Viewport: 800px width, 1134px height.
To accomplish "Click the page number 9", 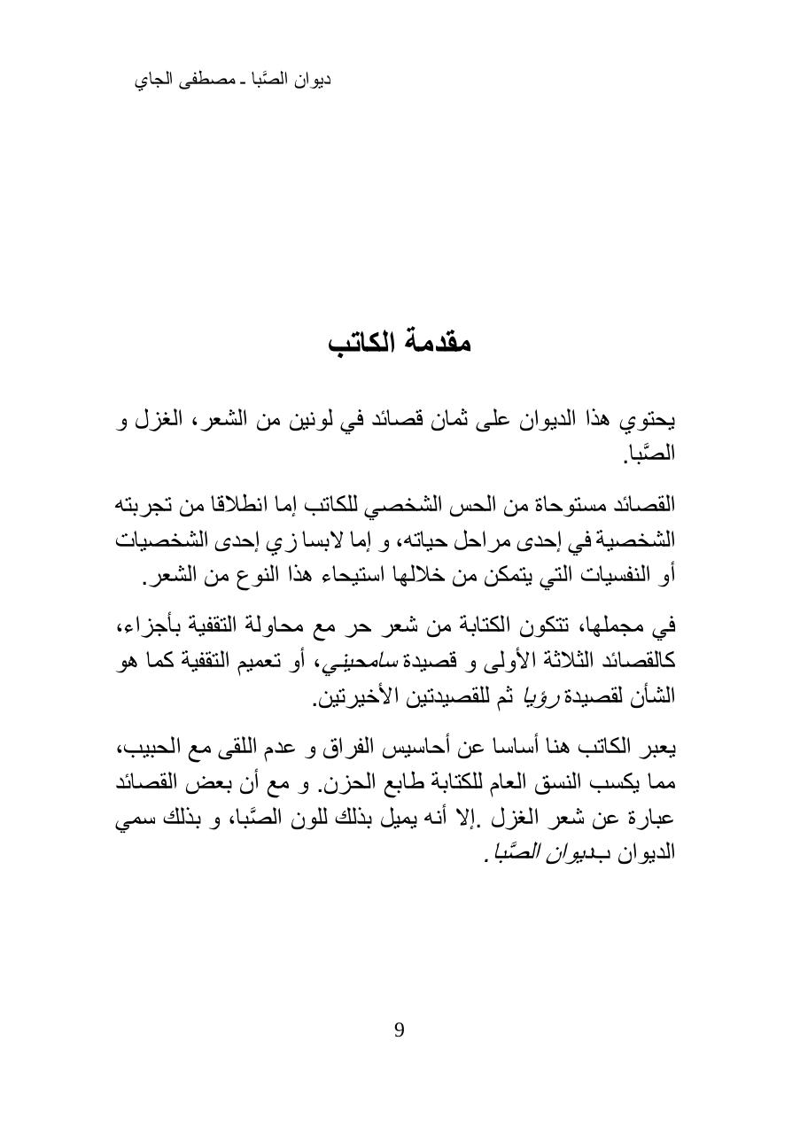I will point(400,1029).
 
